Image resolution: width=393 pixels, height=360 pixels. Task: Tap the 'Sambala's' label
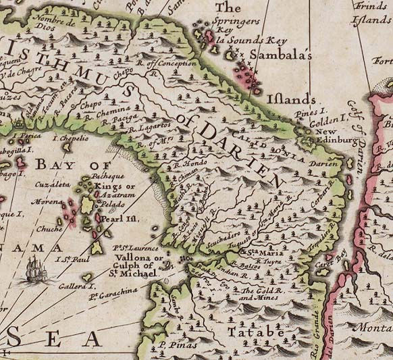280,56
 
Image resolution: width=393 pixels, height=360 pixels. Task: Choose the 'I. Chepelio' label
70,138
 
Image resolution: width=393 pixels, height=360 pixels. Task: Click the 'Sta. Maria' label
247,252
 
